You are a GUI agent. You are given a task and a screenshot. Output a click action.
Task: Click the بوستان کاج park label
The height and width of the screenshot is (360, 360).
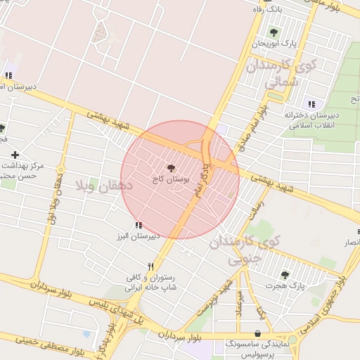pyautogui.click(x=169, y=180)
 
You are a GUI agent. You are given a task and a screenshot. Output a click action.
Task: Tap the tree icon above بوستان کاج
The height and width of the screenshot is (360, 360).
pyautogui.click(x=169, y=168)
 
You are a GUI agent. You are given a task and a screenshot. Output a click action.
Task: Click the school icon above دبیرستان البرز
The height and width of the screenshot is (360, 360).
pyautogui.click(x=138, y=225)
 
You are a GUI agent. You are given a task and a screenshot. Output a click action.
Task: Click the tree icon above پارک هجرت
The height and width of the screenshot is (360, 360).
pyautogui.click(x=285, y=275)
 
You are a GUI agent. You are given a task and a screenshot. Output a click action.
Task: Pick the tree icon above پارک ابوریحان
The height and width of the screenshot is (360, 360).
pyautogui.click(x=274, y=32)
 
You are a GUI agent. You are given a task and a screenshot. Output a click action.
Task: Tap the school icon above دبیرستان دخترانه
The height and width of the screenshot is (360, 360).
pyautogui.click(x=311, y=104)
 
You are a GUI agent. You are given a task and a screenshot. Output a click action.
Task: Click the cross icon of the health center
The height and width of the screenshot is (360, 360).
pyautogui.click(x=15, y=154)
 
